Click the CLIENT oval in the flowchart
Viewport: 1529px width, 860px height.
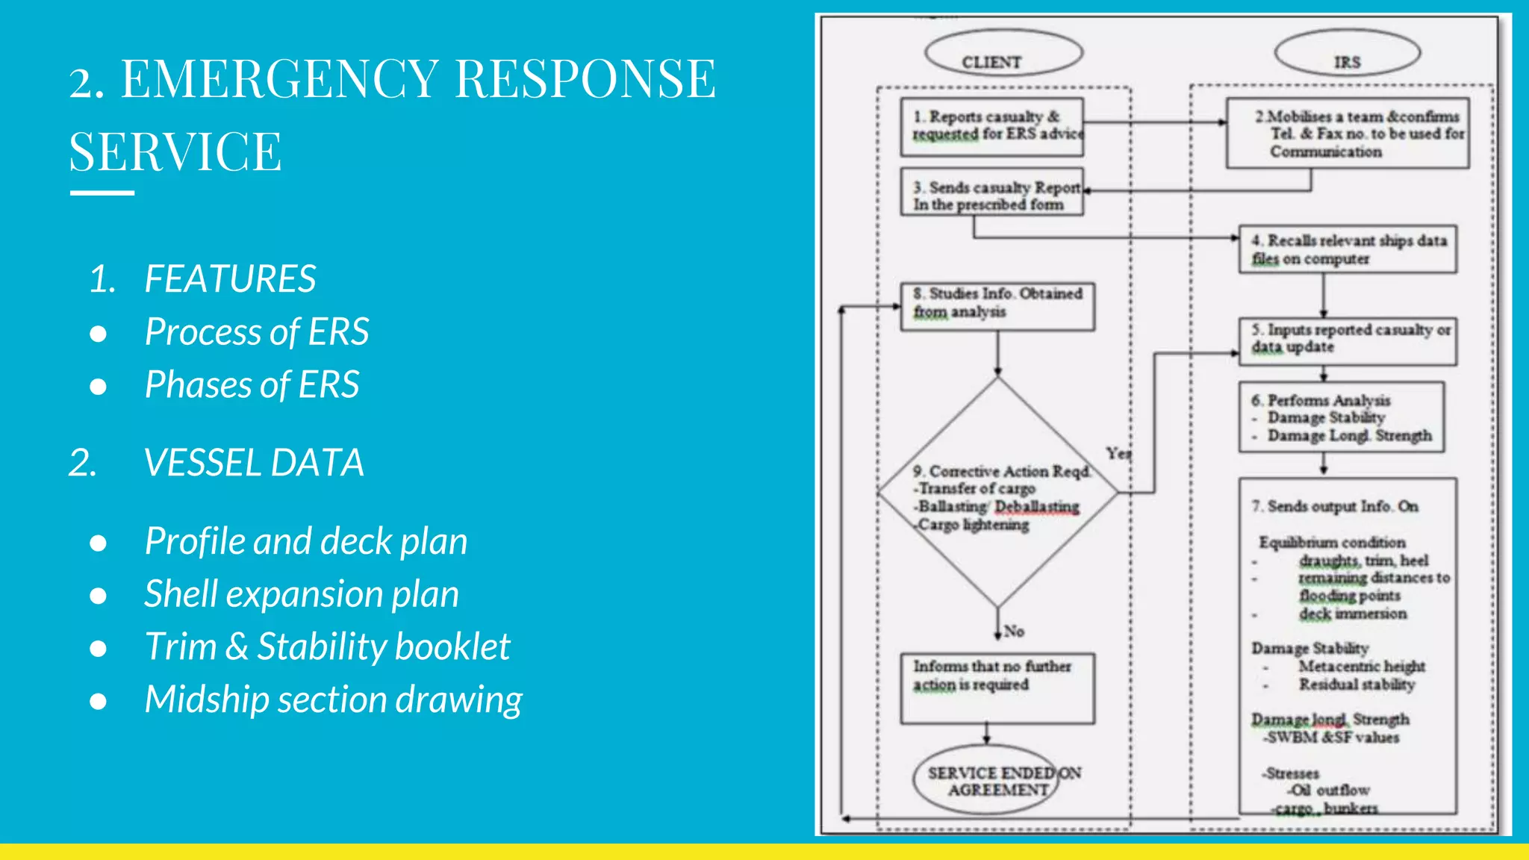click(1003, 55)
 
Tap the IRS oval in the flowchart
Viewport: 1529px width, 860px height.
click(1347, 55)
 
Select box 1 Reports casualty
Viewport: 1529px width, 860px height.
click(991, 126)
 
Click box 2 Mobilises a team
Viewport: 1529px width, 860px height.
click(1348, 134)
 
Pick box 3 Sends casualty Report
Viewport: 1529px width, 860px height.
click(991, 194)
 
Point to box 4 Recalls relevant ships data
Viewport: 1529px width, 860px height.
click(1348, 249)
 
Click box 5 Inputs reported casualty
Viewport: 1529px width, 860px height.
click(1348, 340)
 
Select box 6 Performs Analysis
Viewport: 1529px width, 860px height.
click(1342, 417)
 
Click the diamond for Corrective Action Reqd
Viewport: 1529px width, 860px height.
click(997, 493)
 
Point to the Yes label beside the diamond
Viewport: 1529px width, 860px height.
click(1118, 453)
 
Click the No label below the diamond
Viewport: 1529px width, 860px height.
click(1014, 631)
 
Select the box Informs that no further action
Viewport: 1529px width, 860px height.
click(997, 687)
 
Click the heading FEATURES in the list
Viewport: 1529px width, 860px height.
click(230, 279)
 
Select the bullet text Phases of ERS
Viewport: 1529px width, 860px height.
click(252, 385)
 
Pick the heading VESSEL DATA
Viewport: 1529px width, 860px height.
click(254, 463)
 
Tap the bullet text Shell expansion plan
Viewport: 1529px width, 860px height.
click(302, 594)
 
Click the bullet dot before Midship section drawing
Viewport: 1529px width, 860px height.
click(98, 701)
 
